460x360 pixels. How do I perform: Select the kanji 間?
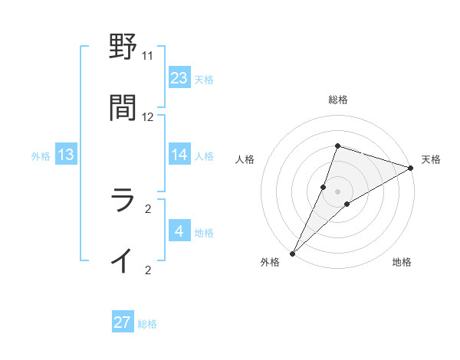click(x=123, y=109)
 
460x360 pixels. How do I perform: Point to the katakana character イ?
click(x=123, y=261)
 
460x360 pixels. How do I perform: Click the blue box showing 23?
click(x=179, y=77)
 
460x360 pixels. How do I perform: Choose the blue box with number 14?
click(x=179, y=155)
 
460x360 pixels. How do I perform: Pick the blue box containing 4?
click(x=179, y=231)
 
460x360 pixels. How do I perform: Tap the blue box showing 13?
click(x=66, y=155)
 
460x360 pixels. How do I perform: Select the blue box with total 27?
click(x=123, y=322)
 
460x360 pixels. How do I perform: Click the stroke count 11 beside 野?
click(x=147, y=55)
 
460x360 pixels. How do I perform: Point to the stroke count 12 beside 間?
click(x=147, y=116)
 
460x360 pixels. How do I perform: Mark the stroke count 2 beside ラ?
click(x=147, y=208)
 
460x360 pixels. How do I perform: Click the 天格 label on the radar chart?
click(x=431, y=159)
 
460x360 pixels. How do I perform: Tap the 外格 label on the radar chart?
click(x=269, y=263)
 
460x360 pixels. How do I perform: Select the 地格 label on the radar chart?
click(x=402, y=263)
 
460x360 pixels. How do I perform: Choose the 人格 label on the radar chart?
click(x=245, y=159)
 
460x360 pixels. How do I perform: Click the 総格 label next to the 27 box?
click(x=147, y=324)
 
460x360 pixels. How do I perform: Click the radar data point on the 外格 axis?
click(x=292, y=253)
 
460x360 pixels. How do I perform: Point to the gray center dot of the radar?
click(x=337, y=191)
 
